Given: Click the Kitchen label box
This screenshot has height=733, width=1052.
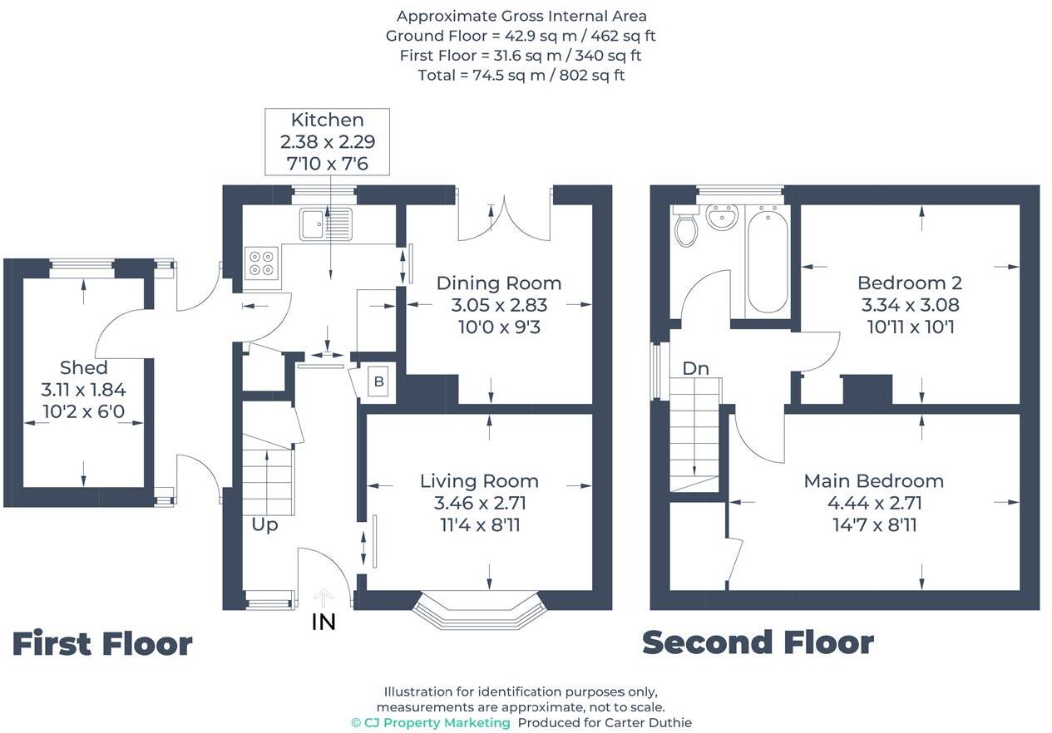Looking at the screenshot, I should [327, 141].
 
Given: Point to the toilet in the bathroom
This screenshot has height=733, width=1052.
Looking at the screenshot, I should [686, 228].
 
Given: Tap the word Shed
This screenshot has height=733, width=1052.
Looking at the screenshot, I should [83, 367].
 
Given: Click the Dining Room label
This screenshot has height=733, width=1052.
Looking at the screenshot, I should [498, 283].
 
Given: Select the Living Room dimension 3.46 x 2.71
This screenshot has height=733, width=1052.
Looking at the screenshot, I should [480, 503].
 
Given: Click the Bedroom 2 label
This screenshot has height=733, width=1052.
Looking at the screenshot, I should [909, 283].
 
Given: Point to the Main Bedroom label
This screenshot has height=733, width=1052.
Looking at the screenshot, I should [873, 480].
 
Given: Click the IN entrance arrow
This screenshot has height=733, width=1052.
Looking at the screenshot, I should [324, 597].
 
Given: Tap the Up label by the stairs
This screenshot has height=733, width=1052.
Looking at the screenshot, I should [264, 525].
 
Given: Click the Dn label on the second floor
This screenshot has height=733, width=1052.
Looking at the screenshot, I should [695, 368].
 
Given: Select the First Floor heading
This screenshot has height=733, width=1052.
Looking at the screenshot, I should [102, 644].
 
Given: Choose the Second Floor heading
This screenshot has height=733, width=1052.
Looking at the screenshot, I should [758, 642].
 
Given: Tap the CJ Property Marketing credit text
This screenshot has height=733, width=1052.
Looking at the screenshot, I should [431, 722].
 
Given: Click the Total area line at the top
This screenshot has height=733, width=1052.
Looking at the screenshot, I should [521, 76].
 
